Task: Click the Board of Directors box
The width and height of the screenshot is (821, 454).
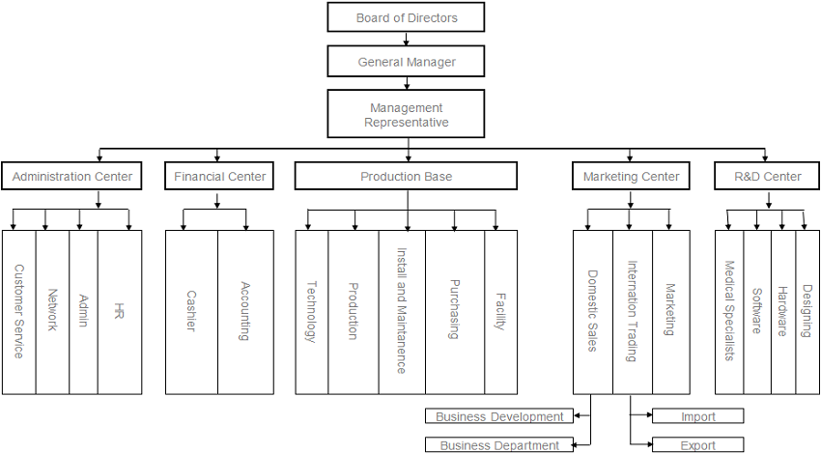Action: [406, 17]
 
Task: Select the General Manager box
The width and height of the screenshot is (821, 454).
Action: [406, 61]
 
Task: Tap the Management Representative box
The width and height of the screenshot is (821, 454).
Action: [406, 114]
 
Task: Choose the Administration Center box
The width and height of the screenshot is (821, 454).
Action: [71, 177]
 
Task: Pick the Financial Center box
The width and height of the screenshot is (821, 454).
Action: [219, 177]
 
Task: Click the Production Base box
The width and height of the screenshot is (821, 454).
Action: [406, 177]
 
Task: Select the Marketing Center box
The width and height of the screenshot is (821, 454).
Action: [631, 177]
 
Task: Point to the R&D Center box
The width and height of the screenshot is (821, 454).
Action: [767, 177]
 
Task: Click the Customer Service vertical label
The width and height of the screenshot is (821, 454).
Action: [19, 312]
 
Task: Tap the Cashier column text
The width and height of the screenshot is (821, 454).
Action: [191, 311]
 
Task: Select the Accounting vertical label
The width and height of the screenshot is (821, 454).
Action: [245, 311]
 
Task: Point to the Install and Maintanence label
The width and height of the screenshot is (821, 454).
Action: [402, 311]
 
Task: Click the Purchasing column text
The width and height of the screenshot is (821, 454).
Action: [455, 309]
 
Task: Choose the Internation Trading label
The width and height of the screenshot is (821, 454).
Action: [632, 311]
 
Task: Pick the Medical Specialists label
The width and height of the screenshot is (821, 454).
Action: [729, 311]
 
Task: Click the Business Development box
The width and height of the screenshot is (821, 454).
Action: [499, 416]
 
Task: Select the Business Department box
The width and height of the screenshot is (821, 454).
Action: [499, 445]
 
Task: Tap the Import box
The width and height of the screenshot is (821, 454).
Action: [698, 416]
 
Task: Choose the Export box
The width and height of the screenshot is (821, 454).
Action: [698, 445]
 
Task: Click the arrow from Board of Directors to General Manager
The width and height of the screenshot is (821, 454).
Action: [406, 39]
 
